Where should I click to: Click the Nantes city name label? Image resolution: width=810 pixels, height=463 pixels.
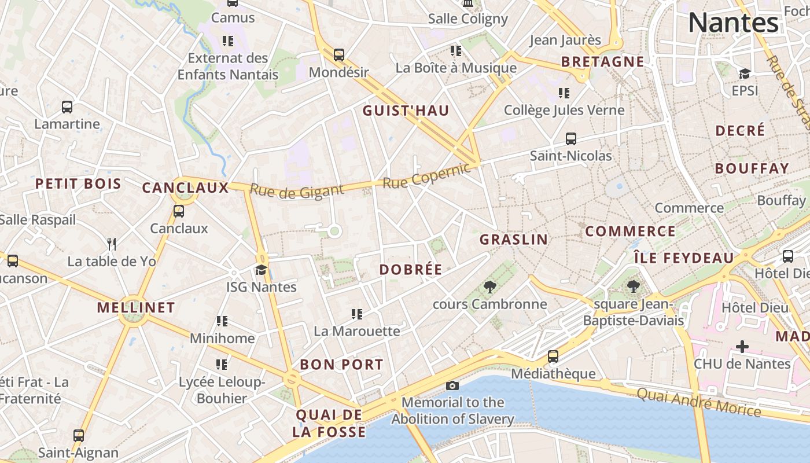[733, 23]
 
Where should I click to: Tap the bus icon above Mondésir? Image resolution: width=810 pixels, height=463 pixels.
[339, 55]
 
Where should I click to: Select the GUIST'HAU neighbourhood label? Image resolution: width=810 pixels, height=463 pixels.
[406, 111]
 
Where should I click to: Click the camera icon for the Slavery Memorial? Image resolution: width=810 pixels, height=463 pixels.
[452, 385]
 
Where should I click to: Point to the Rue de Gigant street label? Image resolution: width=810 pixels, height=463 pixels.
[296, 190]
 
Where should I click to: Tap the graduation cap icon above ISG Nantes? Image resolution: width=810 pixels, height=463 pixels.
[262, 270]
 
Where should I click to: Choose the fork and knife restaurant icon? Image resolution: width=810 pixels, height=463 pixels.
[112, 244]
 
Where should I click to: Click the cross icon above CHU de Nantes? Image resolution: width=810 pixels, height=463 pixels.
[742, 347]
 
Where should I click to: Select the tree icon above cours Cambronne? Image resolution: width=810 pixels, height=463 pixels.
[489, 286]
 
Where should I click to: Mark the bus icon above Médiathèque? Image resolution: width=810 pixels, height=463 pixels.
[553, 357]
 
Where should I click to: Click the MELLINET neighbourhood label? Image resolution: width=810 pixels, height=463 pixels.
[136, 307]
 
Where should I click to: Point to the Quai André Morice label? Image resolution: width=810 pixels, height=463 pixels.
[698, 402]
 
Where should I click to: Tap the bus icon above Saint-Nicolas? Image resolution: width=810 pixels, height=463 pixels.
[571, 139]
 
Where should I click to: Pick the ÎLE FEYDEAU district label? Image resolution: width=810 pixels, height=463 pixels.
[684, 258]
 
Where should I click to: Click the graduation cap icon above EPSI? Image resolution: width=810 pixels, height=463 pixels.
[745, 74]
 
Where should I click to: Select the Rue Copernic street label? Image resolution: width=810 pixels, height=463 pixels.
[427, 176]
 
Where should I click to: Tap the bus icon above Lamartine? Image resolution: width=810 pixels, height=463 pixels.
[67, 107]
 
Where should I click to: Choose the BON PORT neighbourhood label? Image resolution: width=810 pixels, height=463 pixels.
[341, 365]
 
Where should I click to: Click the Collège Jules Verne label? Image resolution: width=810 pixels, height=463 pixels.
[564, 110]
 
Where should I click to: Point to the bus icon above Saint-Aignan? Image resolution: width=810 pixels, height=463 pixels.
[79, 436]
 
